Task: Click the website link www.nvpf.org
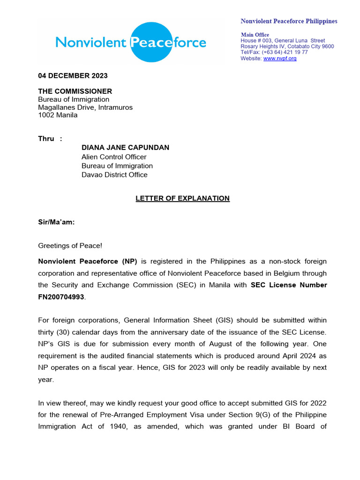point(280,59)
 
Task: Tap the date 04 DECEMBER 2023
point(73,76)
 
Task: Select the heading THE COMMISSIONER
point(75,91)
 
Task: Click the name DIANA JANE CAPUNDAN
point(125,148)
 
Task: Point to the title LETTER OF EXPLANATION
point(182,198)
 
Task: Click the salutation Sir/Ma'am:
point(56,223)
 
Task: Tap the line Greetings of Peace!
point(70,245)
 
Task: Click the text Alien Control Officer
point(114,157)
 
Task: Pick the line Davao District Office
point(114,175)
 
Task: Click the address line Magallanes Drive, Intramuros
point(85,107)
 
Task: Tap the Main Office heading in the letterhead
point(255,35)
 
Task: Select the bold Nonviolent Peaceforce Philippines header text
point(289,21)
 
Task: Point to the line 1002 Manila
point(58,115)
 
